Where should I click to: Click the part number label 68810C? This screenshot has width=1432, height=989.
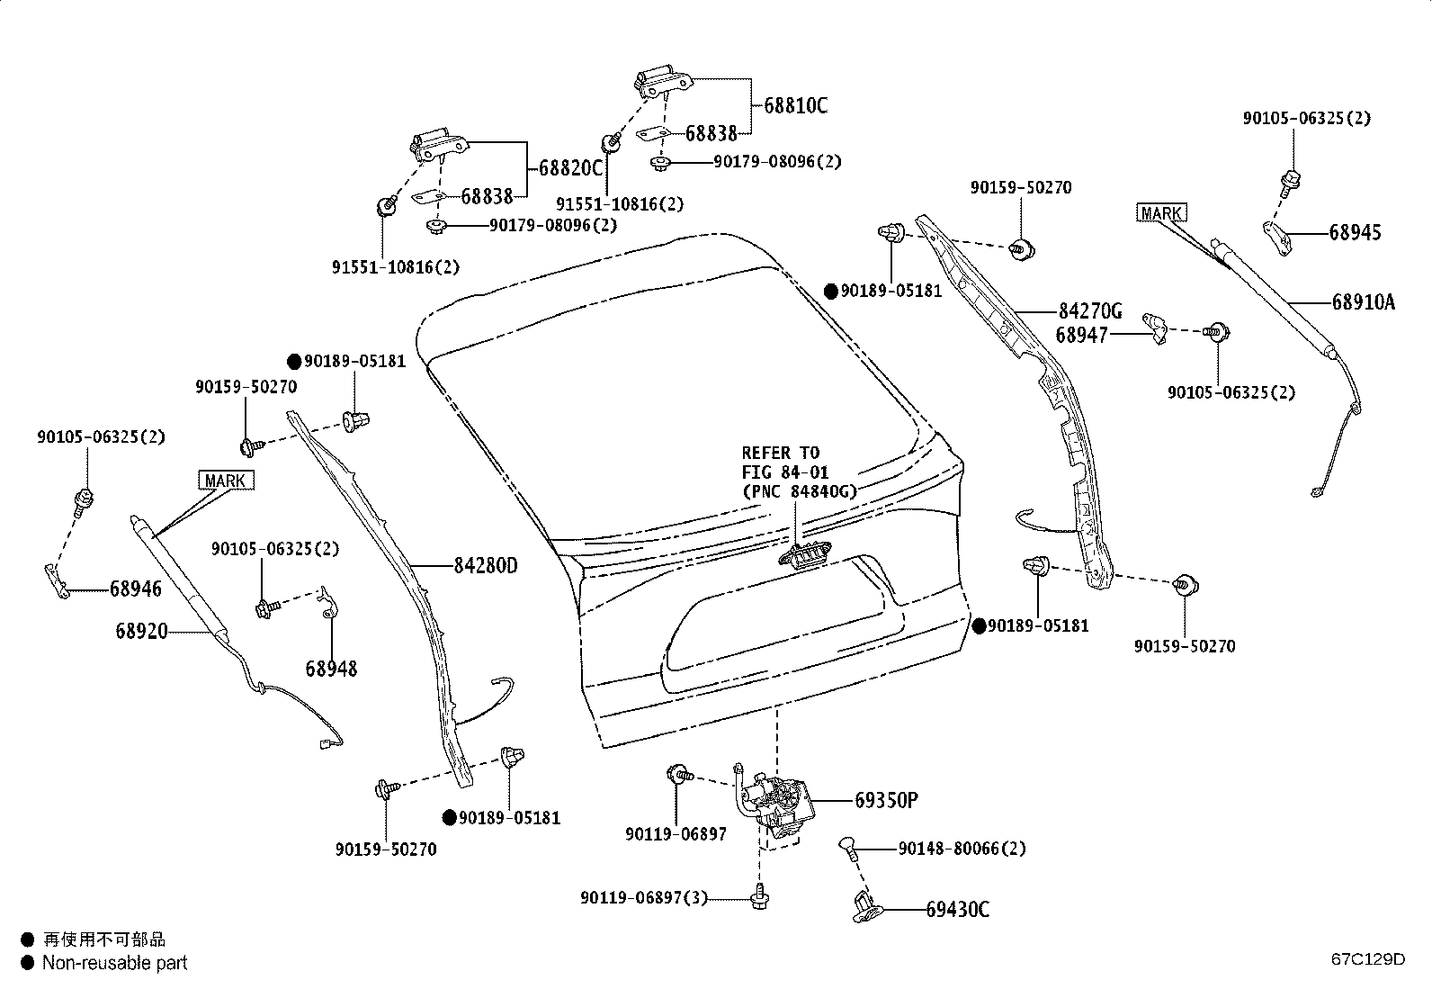796,106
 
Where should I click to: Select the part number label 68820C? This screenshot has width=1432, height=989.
570,169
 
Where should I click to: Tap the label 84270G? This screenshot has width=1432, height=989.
1090,312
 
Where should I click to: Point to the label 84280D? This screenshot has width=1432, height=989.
486,566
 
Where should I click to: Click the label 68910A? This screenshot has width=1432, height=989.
1364,302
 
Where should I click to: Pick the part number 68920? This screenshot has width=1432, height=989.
141,632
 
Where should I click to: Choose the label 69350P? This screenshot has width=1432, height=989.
886,800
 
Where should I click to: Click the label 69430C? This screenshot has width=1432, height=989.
958,910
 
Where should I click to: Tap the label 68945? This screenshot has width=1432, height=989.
1356,232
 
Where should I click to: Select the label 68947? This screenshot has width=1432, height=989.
1081,335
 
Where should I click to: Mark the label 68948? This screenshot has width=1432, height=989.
331,669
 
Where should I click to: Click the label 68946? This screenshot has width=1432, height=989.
136,589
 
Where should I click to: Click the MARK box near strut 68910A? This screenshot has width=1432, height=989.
1161,213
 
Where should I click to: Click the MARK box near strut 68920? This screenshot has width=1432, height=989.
225,481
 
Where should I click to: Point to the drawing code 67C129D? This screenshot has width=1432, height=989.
1368,958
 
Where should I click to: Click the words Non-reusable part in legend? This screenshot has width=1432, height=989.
114,963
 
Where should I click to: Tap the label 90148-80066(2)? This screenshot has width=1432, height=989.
962,849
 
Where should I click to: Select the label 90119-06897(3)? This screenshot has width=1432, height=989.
645,897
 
